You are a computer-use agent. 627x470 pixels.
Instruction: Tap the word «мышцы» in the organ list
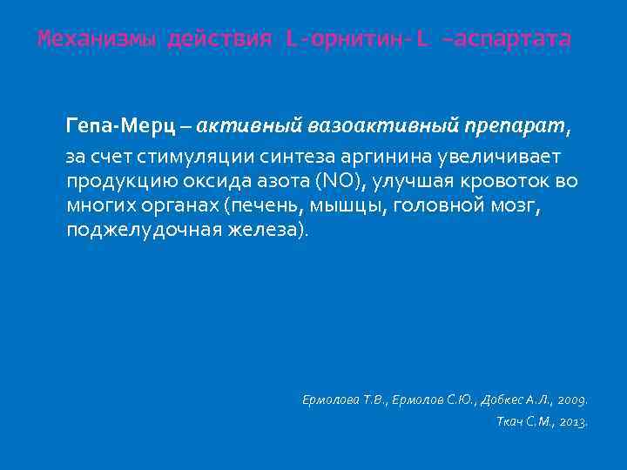click(335, 207)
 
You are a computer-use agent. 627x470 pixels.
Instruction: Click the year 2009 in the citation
click(570, 400)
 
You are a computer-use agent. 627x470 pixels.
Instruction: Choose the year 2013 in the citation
click(571, 422)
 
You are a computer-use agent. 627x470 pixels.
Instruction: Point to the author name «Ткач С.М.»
click(517, 422)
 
